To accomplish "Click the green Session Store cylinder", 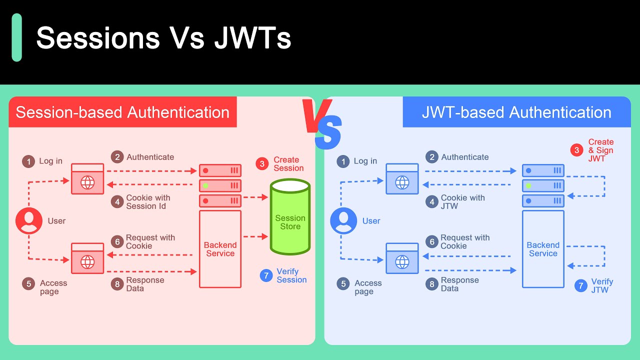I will coord(290,217).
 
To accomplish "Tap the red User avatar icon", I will coord(29,221).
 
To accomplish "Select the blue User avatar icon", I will coord(343,221).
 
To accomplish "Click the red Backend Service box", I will coord(220,249).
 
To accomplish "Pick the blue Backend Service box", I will coord(543,249).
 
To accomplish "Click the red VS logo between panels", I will coord(322,122).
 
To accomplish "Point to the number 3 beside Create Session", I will coord(262,164).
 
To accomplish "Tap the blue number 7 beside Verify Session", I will coord(266,275).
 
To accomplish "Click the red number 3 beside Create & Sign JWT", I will coord(576,150).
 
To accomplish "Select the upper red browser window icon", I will coord(87,179).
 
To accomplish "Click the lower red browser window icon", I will coord(87,258).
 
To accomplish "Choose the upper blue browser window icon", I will coord(402,179).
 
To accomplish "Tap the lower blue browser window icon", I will coord(402,258).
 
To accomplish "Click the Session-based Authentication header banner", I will coord(122,112).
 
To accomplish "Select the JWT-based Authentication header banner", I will coord(516,112).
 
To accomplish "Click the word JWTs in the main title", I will coord(252,38).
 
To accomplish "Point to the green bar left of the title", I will coord(16,37).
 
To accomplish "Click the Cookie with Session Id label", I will coord(148,202).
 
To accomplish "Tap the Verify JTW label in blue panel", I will coord(602,286).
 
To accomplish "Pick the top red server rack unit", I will coord(220,170).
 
